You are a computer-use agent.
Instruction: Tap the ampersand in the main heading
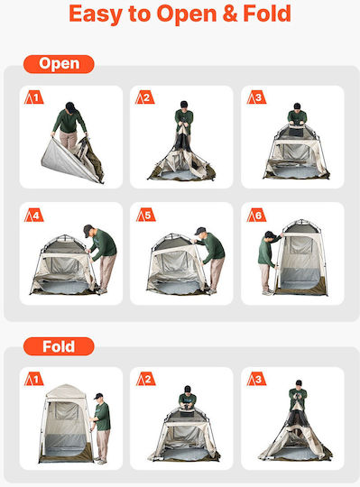tap(230, 14)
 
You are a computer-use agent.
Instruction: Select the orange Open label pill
tap(59, 64)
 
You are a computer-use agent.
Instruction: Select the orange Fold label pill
tap(59, 346)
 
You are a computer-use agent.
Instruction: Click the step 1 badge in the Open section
tap(34, 97)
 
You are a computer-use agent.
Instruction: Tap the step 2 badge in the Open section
tap(144, 97)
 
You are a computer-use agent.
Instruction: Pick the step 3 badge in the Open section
tap(256, 97)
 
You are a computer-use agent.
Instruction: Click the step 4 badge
tap(34, 215)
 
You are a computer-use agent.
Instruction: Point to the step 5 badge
tap(145, 215)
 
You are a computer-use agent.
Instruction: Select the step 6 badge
tap(256, 215)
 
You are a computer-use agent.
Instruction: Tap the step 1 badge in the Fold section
tap(34, 379)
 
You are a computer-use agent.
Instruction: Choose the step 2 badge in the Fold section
tap(145, 379)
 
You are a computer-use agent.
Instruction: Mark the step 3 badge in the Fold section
tap(256, 379)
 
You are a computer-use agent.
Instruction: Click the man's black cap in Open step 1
tap(70, 106)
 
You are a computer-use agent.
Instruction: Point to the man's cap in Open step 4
tap(88, 229)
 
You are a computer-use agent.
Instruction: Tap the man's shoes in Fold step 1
tap(100, 460)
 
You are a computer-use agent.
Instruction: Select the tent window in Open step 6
tap(301, 245)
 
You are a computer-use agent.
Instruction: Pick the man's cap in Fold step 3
tap(299, 382)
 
